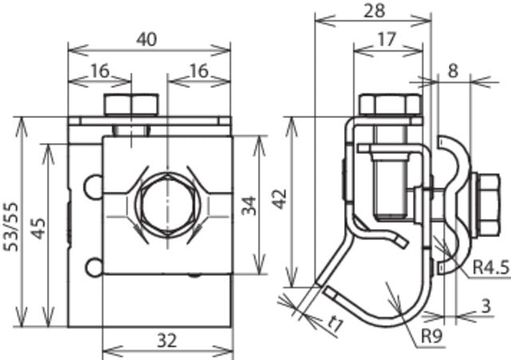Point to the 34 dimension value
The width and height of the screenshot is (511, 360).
[250, 206]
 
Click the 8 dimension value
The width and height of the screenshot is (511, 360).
[453, 69]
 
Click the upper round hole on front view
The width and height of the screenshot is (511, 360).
[94, 185]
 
